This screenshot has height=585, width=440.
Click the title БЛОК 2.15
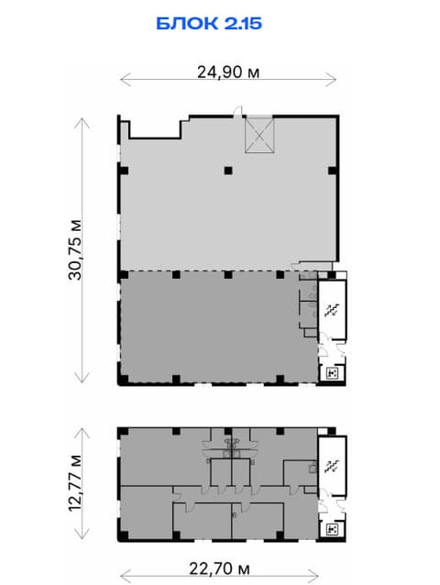[x=209, y=24]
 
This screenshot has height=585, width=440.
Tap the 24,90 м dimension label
[x=228, y=72]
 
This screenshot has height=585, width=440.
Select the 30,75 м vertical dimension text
[x=75, y=249]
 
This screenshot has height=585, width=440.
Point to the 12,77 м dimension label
[x=75, y=483]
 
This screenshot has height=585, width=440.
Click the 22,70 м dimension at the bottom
[x=219, y=569]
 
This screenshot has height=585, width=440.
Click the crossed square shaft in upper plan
[x=259, y=135]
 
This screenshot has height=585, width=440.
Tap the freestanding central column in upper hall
[x=228, y=171]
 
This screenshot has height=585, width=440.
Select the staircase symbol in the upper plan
[x=331, y=310]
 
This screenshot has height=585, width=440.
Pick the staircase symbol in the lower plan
[x=331, y=466]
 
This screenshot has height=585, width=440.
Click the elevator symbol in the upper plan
[x=332, y=373]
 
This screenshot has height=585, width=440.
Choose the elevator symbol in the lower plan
[x=332, y=529]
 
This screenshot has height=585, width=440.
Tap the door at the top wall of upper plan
[x=238, y=112]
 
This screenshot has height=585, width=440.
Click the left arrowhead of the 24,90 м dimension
[x=126, y=79]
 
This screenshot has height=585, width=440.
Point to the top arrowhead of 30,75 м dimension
[x=82, y=123]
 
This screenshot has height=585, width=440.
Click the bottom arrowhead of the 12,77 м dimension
[x=82, y=534]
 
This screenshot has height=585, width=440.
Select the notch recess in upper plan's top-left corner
[x=155, y=129]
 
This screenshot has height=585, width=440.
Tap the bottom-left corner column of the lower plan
[x=123, y=535]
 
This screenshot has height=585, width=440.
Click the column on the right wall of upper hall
[x=333, y=171]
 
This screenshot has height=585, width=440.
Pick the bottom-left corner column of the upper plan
[x=123, y=380]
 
